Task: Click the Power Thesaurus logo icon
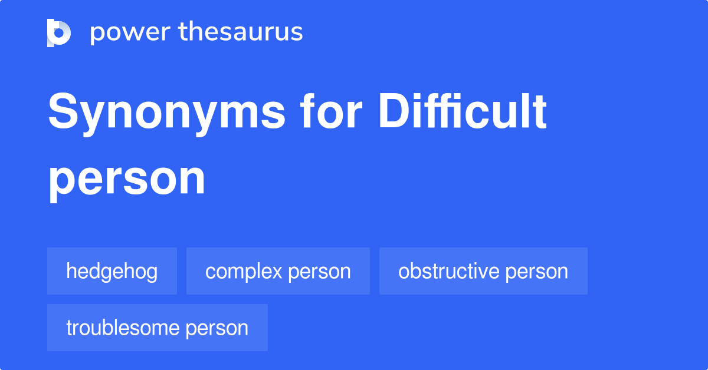tap(59, 32)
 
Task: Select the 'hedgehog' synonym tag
tap(112, 271)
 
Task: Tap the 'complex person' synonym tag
tap(278, 271)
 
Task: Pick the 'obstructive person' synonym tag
tap(483, 271)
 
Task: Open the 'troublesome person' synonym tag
tap(158, 328)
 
